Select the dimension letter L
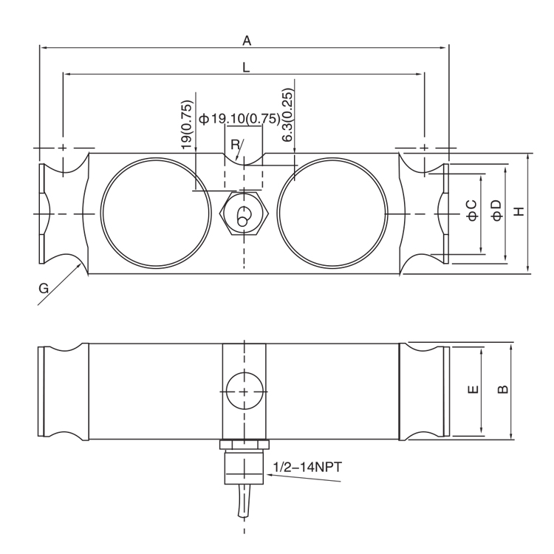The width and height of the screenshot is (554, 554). pyautogui.click(x=246, y=67)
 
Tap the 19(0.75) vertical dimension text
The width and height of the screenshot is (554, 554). pyautogui.click(x=187, y=126)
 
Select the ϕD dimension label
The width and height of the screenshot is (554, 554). pyautogui.click(x=496, y=210)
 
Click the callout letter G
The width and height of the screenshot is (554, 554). pyautogui.click(x=44, y=289)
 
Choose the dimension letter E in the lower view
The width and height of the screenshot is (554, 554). pyautogui.click(x=473, y=389)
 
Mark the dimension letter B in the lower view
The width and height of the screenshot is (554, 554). pyautogui.click(x=502, y=389)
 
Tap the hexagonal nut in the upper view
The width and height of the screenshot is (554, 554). pyautogui.click(x=242, y=213)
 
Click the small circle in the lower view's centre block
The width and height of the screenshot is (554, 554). pyautogui.click(x=243, y=389)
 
